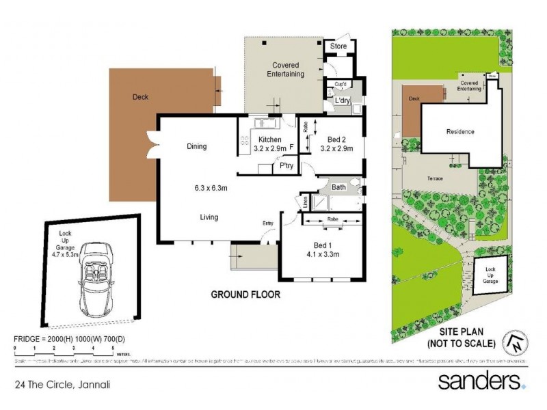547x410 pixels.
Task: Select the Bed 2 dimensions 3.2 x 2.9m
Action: coord(336,148)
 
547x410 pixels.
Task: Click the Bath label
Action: coord(338,187)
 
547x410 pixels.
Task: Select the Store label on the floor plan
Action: coord(338,46)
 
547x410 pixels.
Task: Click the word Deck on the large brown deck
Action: coord(140,97)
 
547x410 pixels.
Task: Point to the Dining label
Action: coord(196,146)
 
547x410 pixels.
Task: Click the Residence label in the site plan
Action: coord(460,132)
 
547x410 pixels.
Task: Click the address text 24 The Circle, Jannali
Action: coord(64,385)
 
